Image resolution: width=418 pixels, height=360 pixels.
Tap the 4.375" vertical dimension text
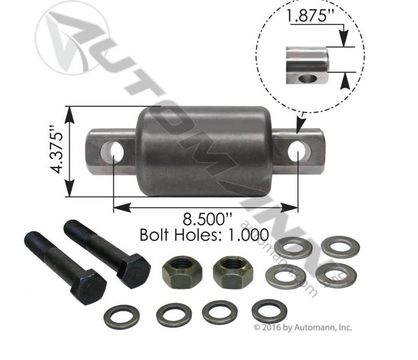[x=57, y=149]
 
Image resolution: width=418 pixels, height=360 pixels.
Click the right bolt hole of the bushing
[x=299, y=152]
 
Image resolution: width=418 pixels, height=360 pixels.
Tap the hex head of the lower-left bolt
[x=88, y=287]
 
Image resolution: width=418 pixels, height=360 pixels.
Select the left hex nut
[x=182, y=272]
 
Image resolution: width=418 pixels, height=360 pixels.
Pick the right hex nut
[x=233, y=272]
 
